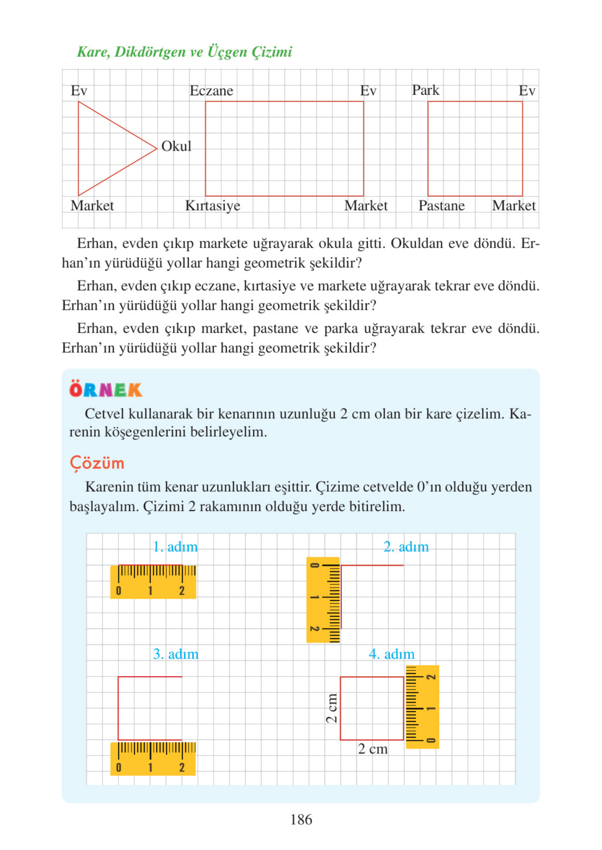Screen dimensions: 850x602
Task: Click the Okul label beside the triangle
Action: pos(176,146)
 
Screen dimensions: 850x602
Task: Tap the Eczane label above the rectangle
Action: pos(211,90)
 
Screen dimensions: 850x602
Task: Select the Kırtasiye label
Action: pos(212,206)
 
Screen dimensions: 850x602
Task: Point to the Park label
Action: pos(426,90)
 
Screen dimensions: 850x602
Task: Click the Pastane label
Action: pos(442,206)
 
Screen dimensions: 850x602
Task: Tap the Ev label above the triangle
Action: pos(79,90)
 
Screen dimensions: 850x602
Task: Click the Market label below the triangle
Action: pos(92,206)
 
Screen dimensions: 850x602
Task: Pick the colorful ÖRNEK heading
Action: pos(106,390)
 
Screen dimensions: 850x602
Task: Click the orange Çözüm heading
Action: pos(97,464)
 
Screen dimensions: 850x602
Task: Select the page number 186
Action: pos(301,819)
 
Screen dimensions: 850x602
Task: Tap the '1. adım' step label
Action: pos(175,547)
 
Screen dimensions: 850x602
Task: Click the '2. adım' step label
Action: pos(406,547)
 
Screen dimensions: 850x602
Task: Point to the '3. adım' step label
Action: pos(176,654)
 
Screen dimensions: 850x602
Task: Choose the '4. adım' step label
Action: pos(392,654)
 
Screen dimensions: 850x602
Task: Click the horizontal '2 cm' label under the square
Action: pos(373,749)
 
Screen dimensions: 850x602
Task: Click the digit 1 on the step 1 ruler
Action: pos(150,591)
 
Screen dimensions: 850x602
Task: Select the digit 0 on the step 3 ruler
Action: pos(119,767)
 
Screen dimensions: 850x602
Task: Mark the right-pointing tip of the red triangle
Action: pos(157,149)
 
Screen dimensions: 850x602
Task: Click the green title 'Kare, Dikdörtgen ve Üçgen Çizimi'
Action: pos(185,52)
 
